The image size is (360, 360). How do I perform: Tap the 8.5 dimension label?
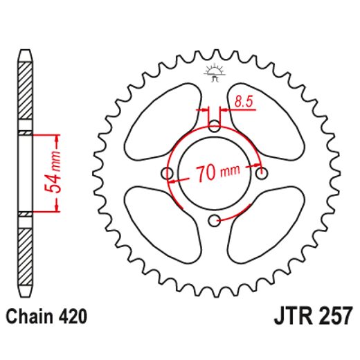point(244,102)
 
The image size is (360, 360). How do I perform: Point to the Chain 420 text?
point(47,318)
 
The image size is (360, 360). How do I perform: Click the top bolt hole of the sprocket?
point(215,126)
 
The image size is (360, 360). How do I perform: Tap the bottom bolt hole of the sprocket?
point(215,220)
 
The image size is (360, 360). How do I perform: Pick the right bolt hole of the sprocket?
point(261,173)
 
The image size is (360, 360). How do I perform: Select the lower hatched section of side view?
point(25,253)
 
